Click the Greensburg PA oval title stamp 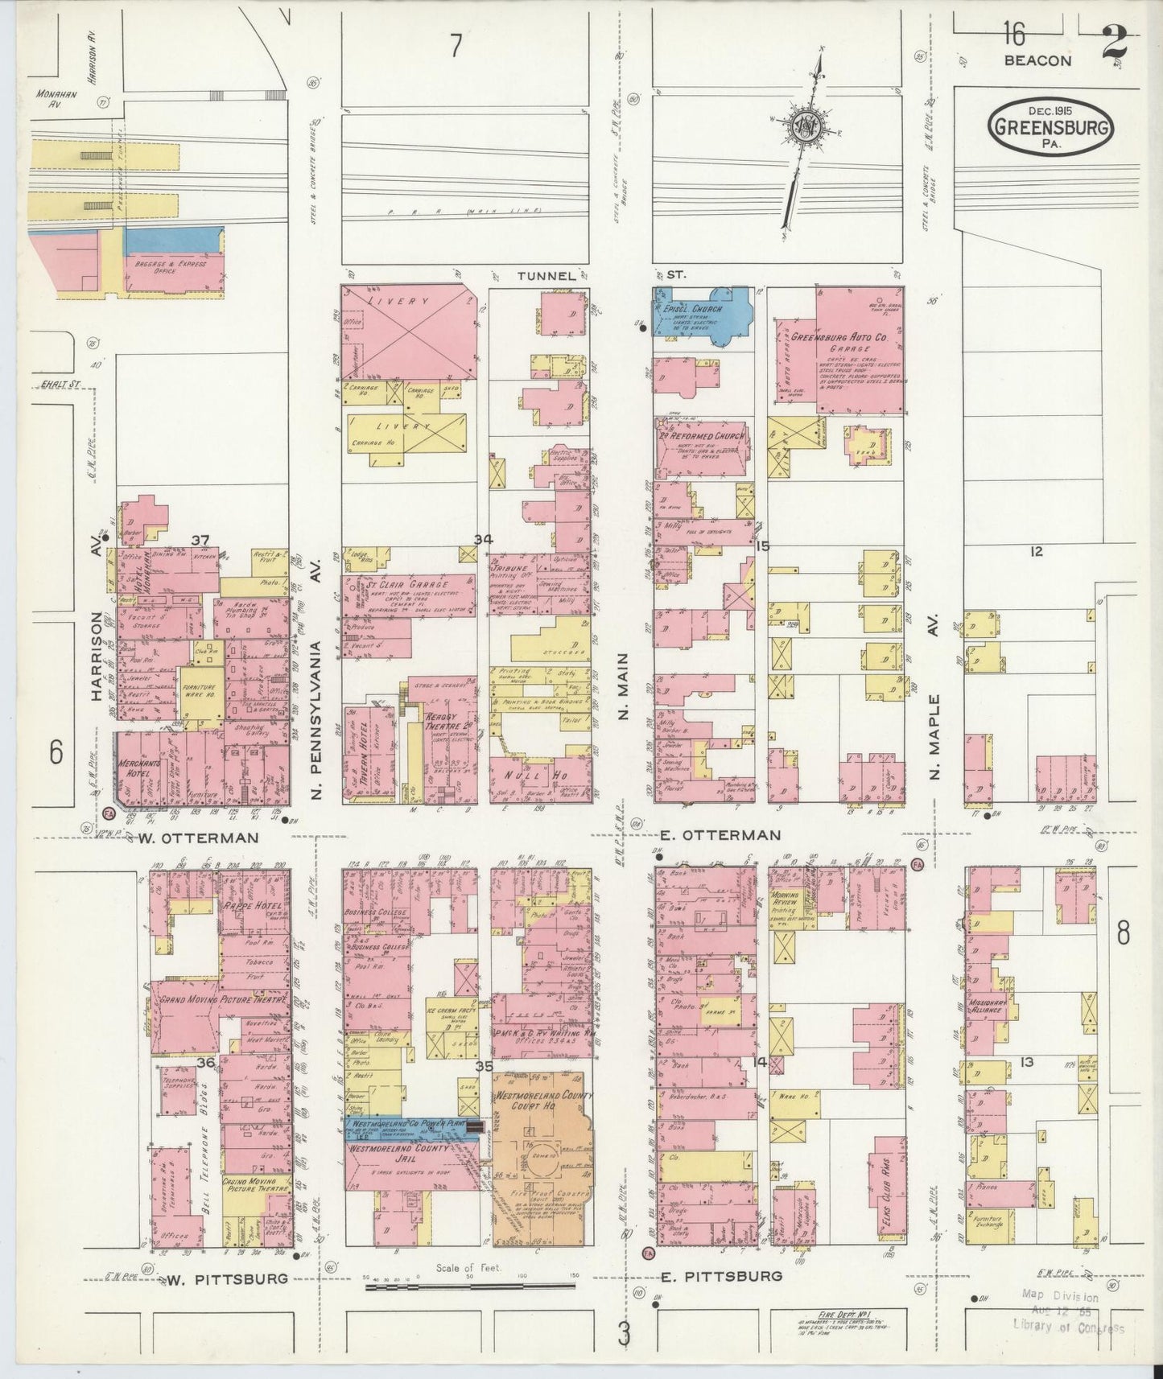[1051, 129]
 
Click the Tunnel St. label [547, 275]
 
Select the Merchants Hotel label [136, 768]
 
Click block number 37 [200, 540]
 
